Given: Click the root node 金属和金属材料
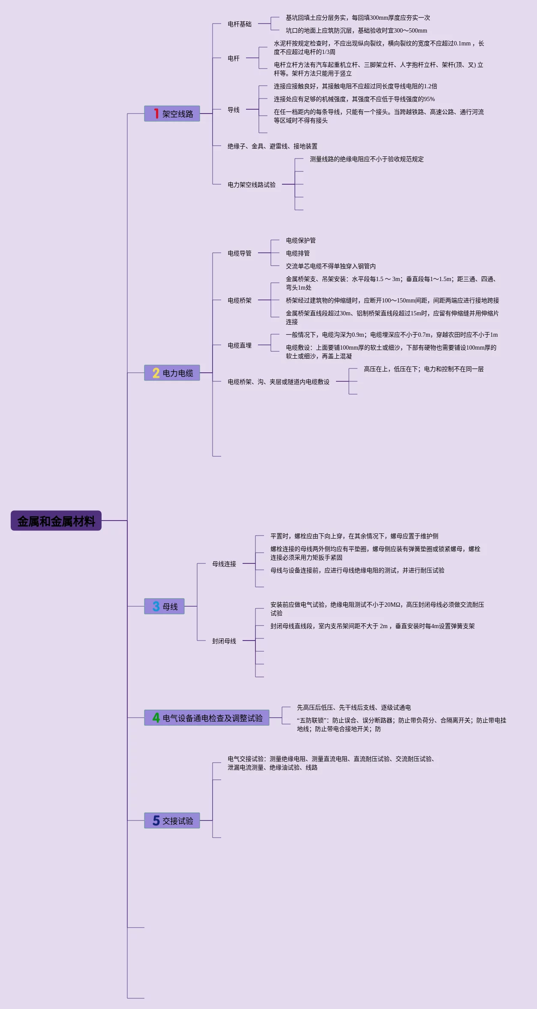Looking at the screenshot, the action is coord(56,521).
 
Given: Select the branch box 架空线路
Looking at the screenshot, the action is coord(172,114).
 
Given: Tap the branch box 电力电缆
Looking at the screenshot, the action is coord(172,373).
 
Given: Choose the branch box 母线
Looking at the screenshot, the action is coord(165,606).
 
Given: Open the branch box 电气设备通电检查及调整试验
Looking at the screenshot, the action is coord(207,718).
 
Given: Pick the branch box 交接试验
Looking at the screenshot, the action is coord(172,820).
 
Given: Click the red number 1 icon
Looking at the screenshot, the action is coord(156,114).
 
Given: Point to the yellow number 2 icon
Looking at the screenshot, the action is coord(156,373).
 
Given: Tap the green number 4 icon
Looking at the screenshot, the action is coord(156,718).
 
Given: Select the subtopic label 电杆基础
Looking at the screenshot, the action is coord(240,24).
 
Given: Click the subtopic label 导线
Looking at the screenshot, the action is coord(234,110).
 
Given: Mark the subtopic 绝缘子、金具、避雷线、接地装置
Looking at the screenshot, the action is coord(273,146).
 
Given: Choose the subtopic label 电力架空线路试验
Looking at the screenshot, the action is coord(252,185).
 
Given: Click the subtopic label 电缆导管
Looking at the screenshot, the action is coord(240,253).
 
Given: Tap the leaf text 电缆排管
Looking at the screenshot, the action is coord(298,253).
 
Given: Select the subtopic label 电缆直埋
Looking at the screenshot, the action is coord(240,345).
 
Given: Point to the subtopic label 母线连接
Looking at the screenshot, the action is coord(224,564).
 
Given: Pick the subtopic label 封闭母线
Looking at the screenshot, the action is coord(224,641).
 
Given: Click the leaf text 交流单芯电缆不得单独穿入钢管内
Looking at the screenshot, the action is coord(331,266).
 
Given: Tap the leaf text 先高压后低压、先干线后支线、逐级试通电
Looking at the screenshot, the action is coord(354,707).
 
